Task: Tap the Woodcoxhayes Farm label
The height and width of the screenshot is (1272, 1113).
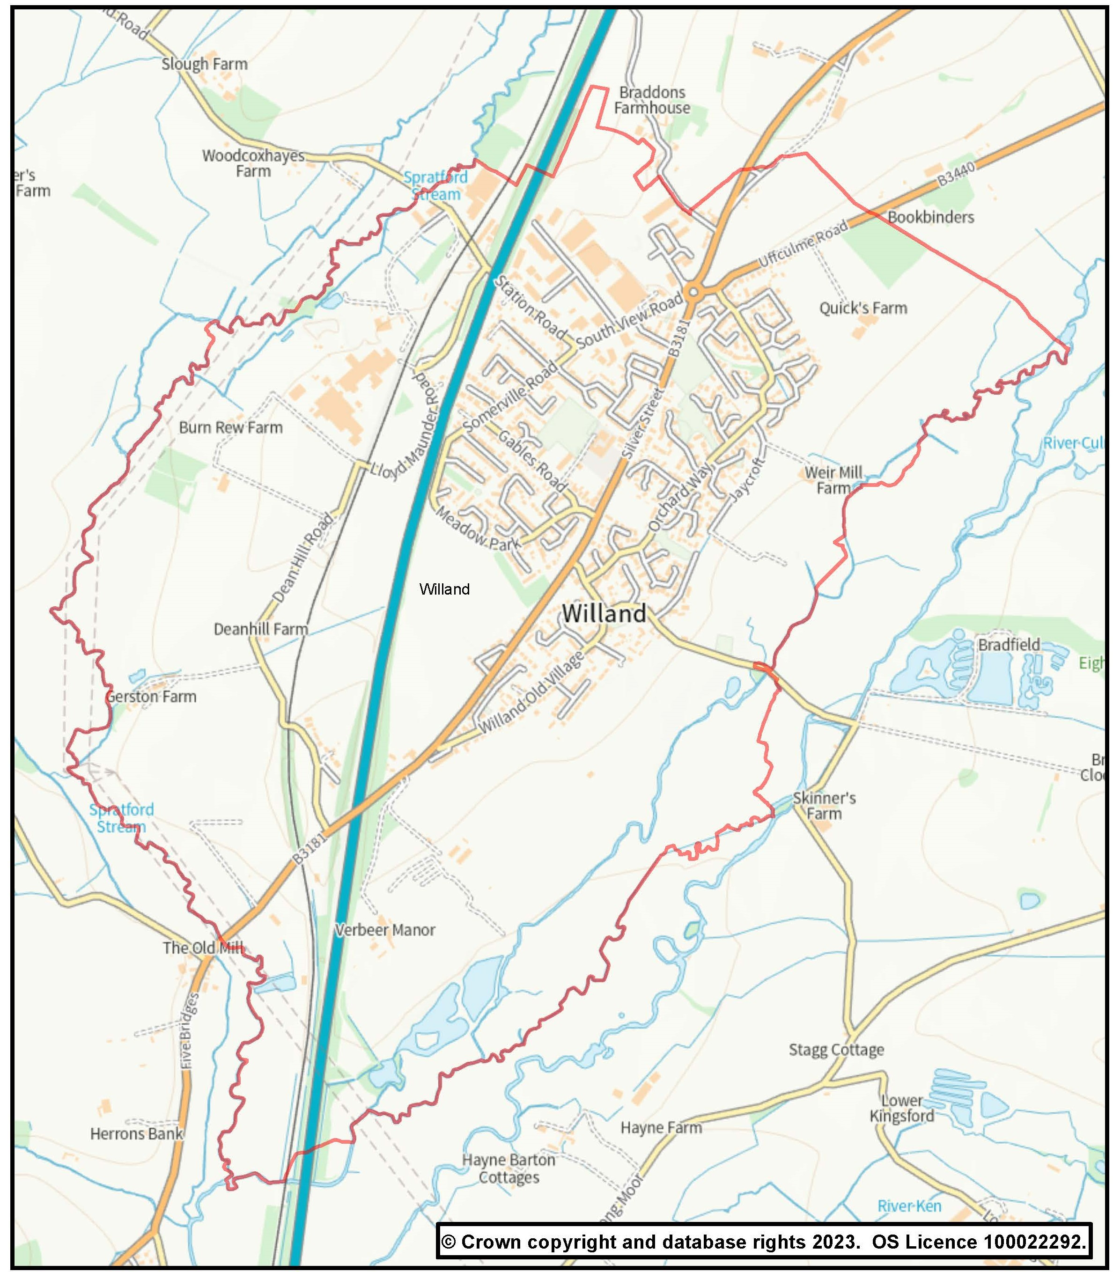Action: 253,163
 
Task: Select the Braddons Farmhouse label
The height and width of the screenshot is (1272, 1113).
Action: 651,100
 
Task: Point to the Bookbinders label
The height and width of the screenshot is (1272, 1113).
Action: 930,217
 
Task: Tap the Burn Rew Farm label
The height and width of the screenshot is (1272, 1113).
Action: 230,427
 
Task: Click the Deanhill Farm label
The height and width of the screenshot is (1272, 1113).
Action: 260,629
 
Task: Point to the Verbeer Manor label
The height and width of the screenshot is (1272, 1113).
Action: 385,930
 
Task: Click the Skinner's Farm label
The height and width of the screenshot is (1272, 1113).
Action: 824,806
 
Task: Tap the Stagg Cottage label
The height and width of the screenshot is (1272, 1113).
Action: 836,1050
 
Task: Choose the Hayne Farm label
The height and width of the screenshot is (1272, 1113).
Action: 661,1127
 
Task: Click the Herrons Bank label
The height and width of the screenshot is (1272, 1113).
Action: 137,1134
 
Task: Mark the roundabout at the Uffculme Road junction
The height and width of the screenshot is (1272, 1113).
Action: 694,291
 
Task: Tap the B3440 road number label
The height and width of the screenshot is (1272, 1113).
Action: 957,174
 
